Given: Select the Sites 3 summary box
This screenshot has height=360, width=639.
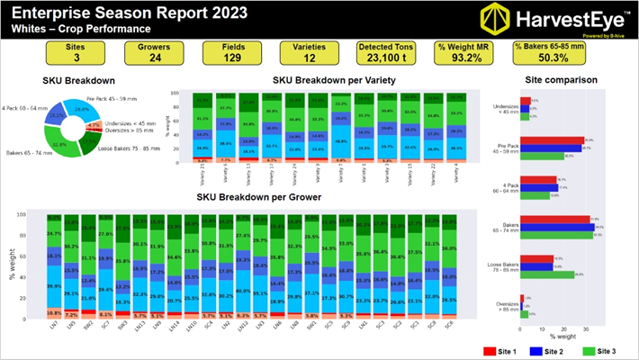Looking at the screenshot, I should point(48,53).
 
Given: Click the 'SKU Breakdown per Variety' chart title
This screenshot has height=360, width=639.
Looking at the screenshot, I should point(335,80).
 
